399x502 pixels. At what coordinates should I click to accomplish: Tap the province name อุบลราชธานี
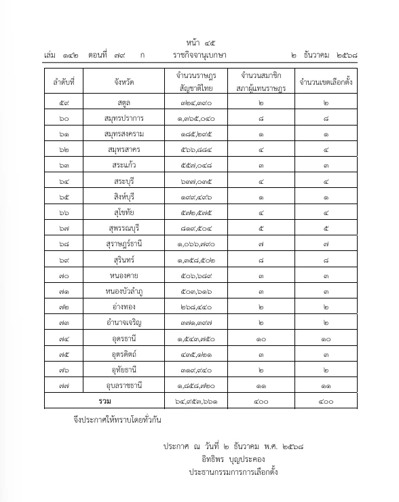tap(124, 385)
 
